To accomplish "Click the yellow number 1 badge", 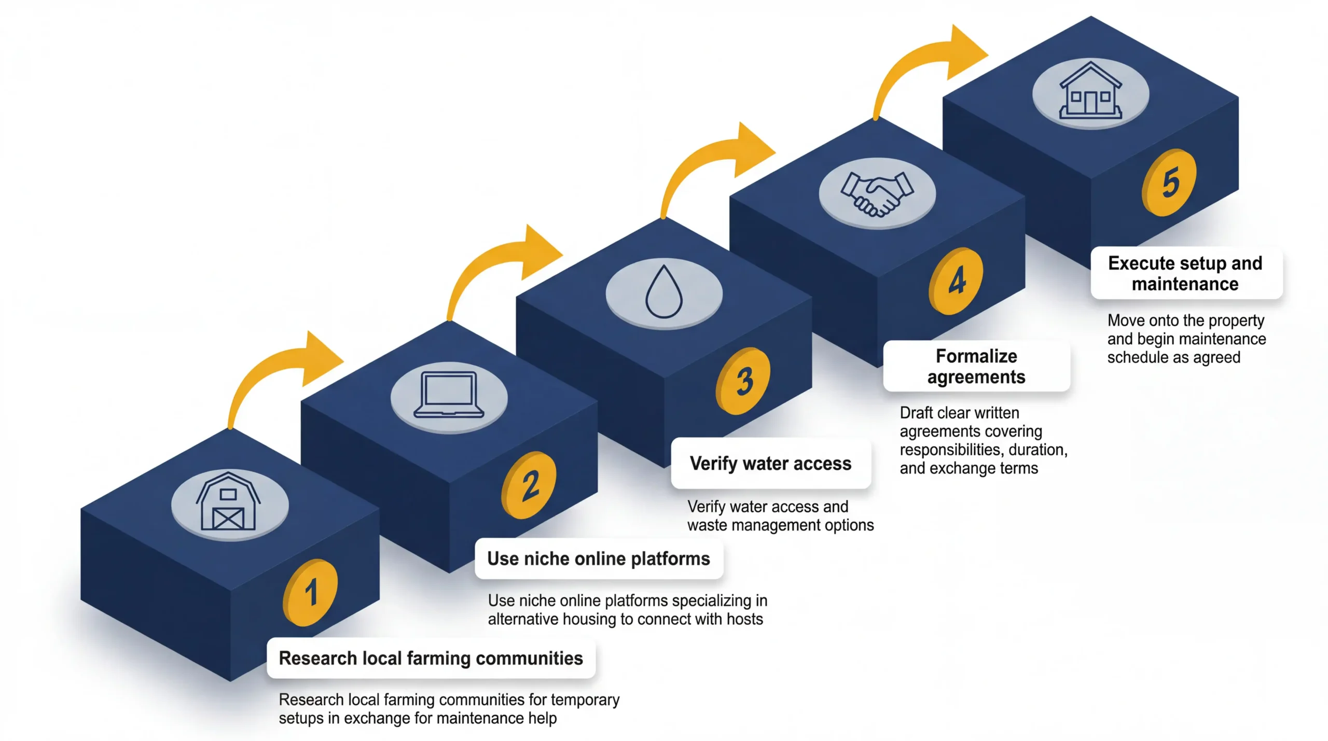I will click(310, 592).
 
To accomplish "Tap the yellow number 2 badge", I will click(529, 485).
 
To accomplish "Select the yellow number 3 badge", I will click(743, 381).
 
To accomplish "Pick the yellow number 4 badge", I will click(956, 281).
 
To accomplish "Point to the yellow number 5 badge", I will click(1169, 182).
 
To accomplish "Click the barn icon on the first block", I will click(229, 502).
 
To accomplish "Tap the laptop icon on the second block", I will click(449, 395).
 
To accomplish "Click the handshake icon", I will click(877, 193).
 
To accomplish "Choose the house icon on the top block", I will click(1090, 92).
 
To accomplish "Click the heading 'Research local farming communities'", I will click(431, 658).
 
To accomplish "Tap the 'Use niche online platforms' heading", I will click(599, 558).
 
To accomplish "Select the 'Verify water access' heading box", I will click(770, 463).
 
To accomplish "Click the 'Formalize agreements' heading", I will click(976, 366).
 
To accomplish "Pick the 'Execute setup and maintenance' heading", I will click(1185, 273).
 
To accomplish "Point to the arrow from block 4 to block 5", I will click(923, 67).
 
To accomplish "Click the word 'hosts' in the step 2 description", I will click(744, 619).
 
